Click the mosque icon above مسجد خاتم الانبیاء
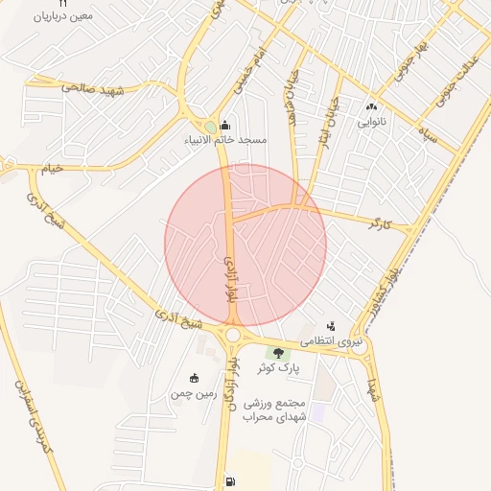click(225, 125)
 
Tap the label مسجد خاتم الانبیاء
click(226, 140)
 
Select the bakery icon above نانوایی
click(372, 107)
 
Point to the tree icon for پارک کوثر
click(278, 353)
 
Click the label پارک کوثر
click(279, 368)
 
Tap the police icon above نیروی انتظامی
click(332, 326)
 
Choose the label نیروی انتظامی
click(333, 340)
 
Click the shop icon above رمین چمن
click(195, 378)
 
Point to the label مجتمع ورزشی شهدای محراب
click(274, 409)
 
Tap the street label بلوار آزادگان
click(233, 384)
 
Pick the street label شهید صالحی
click(94, 88)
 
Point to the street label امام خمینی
click(251, 71)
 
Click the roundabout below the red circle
click(232, 335)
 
